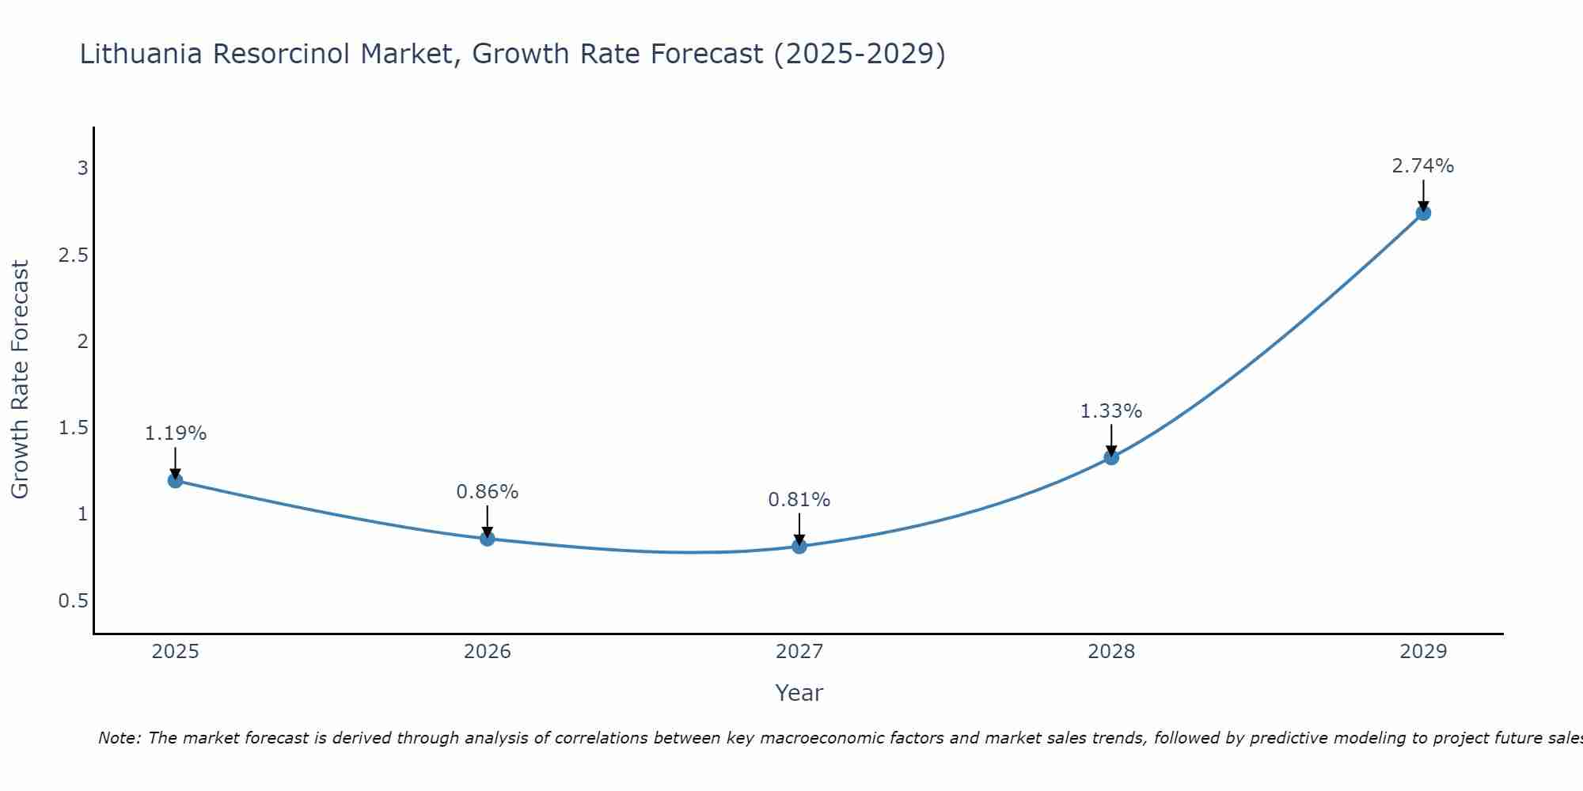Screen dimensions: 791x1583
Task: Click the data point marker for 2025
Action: (x=176, y=480)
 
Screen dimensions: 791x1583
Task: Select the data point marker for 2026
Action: (x=488, y=539)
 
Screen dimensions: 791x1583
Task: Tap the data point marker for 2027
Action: (x=799, y=546)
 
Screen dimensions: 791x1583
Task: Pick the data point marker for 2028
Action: (x=1111, y=457)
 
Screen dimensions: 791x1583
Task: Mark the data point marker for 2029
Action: (x=1423, y=213)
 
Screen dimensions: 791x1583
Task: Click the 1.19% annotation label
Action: (x=176, y=433)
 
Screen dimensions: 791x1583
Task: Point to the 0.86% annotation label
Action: (x=488, y=492)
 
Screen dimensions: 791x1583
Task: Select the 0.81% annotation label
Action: (x=799, y=500)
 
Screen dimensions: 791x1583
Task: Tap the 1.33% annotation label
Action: (x=1111, y=411)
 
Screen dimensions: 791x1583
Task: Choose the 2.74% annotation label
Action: (x=1423, y=166)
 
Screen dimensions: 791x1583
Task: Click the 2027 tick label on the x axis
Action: (x=799, y=652)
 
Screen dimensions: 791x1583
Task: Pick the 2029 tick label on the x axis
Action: (x=1423, y=652)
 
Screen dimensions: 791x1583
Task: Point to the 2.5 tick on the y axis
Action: (x=73, y=255)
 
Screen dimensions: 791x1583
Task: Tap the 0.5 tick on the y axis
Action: (x=73, y=601)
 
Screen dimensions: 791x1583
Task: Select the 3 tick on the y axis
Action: (x=82, y=168)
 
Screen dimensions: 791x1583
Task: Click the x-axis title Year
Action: (x=799, y=693)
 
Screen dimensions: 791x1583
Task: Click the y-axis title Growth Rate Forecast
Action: (x=20, y=380)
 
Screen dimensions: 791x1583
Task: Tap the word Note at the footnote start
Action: (x=119, y=738)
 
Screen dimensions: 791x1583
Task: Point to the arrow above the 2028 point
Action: (x=1111, y=441)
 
